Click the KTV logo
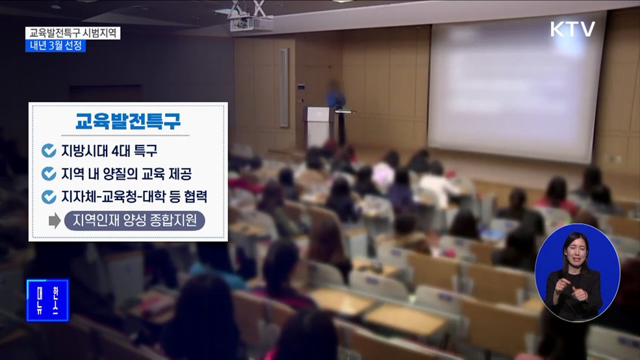coord(572,29)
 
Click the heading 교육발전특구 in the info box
coord(128,122)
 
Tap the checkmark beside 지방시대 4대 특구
coord(49,151)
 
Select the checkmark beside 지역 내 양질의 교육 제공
coord(49,174)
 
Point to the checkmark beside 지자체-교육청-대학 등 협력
coord(49,197)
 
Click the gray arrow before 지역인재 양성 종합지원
coord(55,221)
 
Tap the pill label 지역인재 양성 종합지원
coord(134,221)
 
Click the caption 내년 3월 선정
coord(56,46)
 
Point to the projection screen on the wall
coord(517,88)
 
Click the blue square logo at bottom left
coord(47,300)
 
